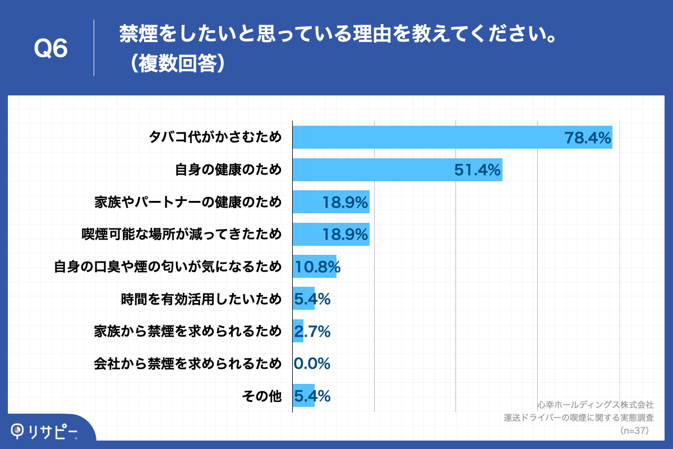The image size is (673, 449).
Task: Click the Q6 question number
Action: pos(50,49)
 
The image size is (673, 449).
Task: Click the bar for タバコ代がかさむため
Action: pos(426,137)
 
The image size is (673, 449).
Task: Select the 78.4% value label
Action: pos(587,137)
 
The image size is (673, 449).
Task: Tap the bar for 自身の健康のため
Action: pos(370,169)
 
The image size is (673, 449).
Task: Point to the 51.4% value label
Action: pos(477,169)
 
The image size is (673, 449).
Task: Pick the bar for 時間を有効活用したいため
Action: pos(303,299)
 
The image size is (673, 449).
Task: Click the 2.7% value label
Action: pos(312,331)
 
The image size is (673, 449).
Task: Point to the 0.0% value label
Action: pos(312,364)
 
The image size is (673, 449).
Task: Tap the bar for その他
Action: pos(303,396)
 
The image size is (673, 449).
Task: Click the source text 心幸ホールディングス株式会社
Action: pos(595,404)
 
